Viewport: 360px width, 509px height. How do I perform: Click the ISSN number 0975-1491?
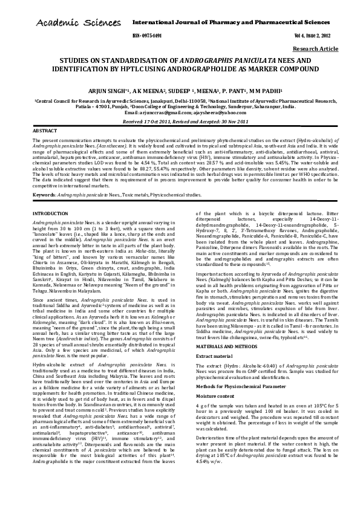tap(153, 36)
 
